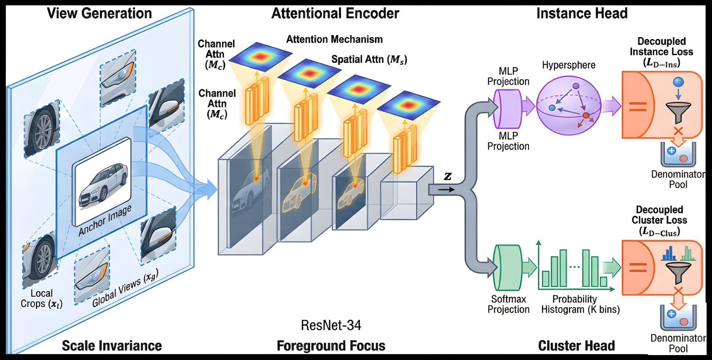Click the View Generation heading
pos(99,13)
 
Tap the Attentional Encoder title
pos(335,13)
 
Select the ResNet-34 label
pos(331,325)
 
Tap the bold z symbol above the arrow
pos(448,177)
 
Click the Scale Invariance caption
pos(112,346)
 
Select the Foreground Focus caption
pos(331,346)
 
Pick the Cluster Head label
pos(576,346)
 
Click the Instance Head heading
pos(582,13)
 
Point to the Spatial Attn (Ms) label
pos(369,60)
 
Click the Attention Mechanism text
pos(334,40)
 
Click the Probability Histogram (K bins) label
pos(580,304)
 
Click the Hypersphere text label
pos(569,65)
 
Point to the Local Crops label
pos(41,299)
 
